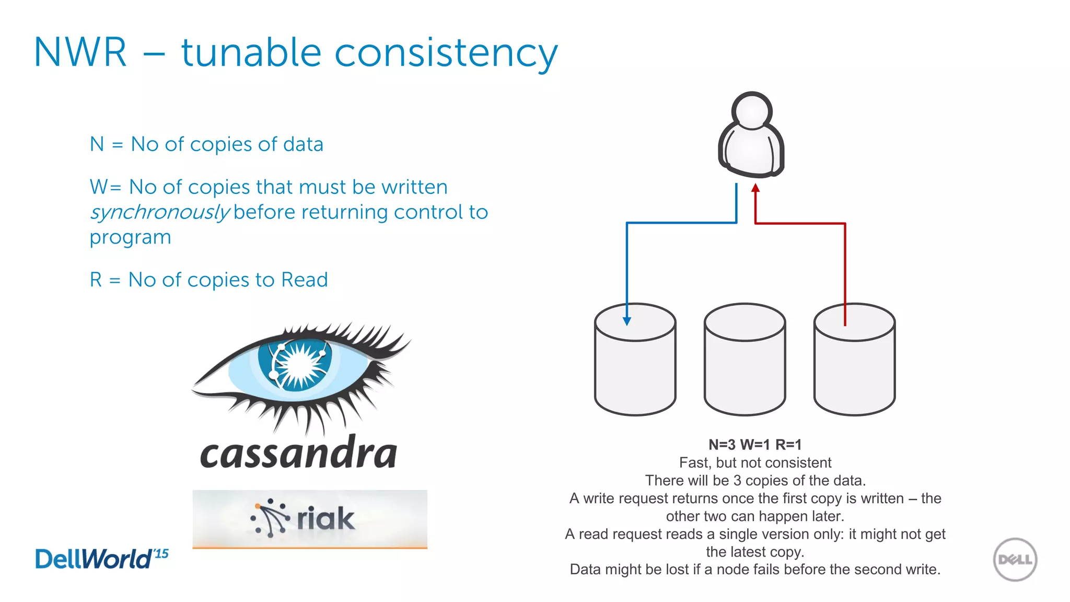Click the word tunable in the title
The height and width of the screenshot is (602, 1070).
(x=250, y=53)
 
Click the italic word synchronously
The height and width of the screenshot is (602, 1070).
(x=159, y=212)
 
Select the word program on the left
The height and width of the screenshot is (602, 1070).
(x=130, y=238)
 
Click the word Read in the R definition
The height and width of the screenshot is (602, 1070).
(x=304, y=280)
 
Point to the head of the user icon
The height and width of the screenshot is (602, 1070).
(x=752, y=111)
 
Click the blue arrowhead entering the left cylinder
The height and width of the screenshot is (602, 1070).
(x=627, y=321)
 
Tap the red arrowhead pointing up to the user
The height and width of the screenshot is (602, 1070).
(x=755, y=188)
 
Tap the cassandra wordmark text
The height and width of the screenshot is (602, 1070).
(x=298, y=453)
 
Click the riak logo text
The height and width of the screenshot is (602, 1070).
(x=325, y=518)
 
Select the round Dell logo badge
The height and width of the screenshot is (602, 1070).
(x=1015, y=560)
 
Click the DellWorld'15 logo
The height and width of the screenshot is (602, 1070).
(x=101, y=559)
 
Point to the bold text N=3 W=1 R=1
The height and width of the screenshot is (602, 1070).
(x=754, y=445)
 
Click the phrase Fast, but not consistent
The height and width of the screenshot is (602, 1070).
(x=754, y=462)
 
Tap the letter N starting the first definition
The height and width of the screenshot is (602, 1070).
(x=97, y=144)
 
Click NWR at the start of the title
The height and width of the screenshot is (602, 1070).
(x=80, y=53)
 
